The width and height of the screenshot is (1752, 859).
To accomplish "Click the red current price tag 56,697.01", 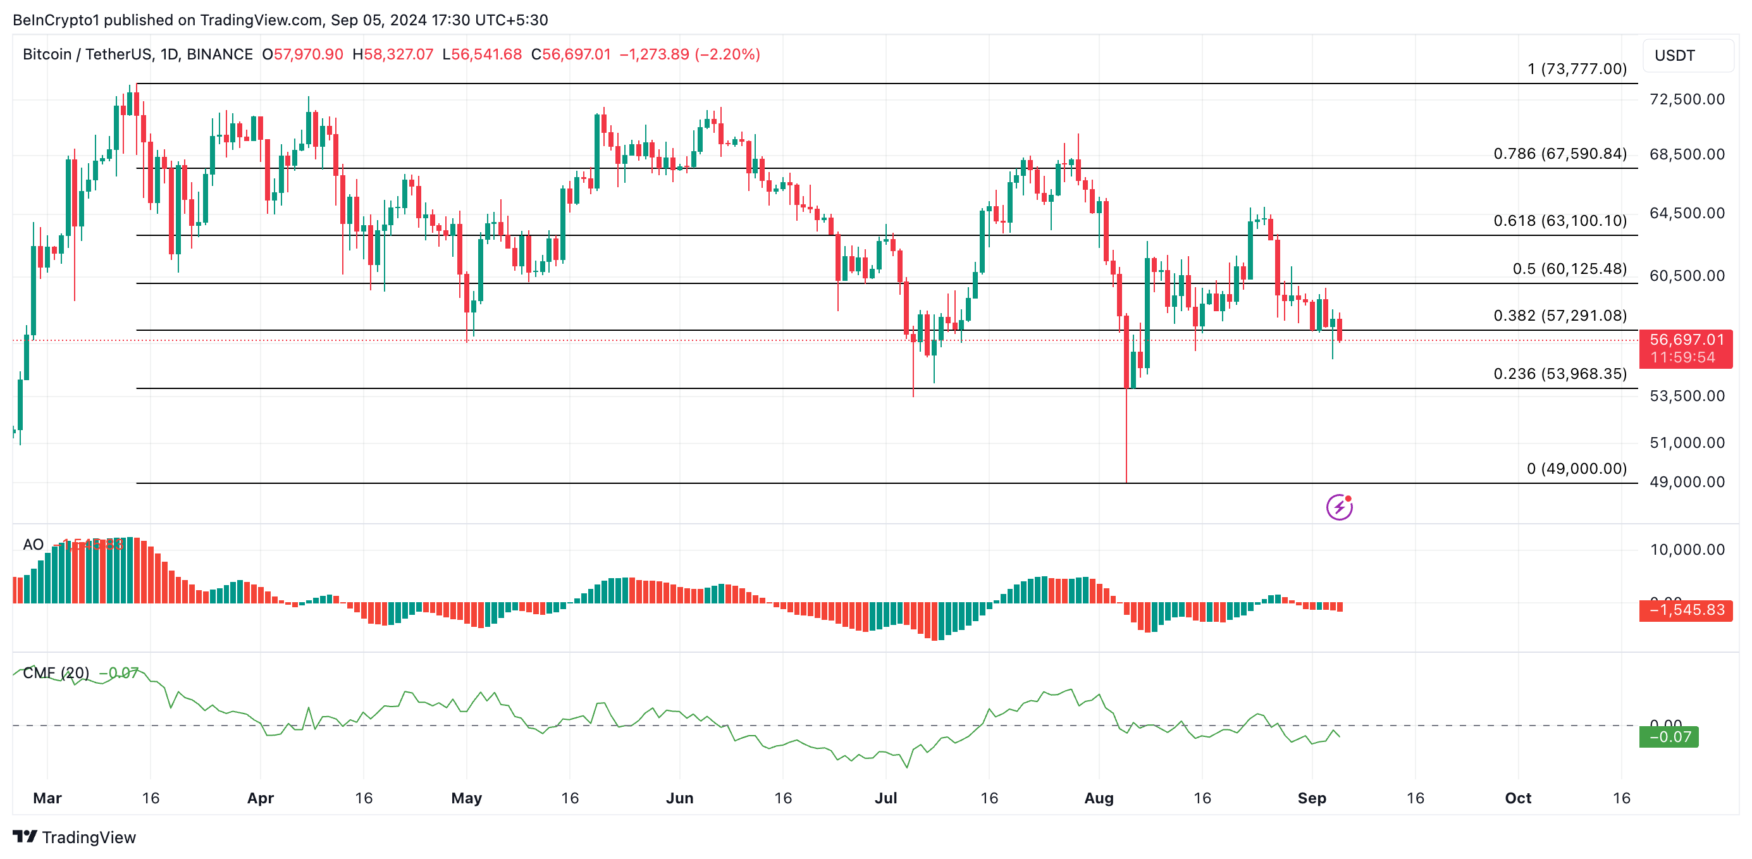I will [x=1686, y=340].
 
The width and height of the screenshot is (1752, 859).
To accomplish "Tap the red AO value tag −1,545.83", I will [x=1686, y=610].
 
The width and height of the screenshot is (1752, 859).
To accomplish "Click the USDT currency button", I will [x=1687, y=55].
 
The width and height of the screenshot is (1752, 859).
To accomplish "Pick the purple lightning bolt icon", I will [x=1338, y=507].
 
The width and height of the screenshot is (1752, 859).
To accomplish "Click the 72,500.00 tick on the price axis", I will [x=1687, y=99].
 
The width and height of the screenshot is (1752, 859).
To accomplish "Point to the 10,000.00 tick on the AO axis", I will [x=1687, y=550].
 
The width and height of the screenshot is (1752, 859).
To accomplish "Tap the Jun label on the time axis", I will [x=679, y=798].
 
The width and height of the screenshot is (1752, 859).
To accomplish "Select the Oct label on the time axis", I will [x=1517, y=798].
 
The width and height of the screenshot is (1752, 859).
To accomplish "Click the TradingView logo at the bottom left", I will [x=74, y=837].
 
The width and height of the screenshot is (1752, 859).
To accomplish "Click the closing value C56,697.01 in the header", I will [x=571, y=54].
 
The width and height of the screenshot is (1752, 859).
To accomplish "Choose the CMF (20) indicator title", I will [x=56, y=672].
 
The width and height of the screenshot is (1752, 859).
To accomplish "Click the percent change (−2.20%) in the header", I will [x=727, y=54].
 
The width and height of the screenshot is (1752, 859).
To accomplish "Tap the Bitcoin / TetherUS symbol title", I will [x=87, y=54].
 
